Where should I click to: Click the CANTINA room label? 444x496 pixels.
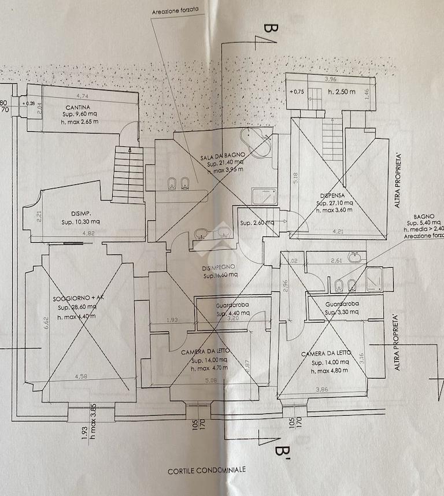coord(77,108)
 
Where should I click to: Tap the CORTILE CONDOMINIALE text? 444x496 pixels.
coord(207,470)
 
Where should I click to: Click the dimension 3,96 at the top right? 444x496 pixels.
coord(331,79)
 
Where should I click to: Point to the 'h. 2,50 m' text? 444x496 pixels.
coord(341,91)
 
